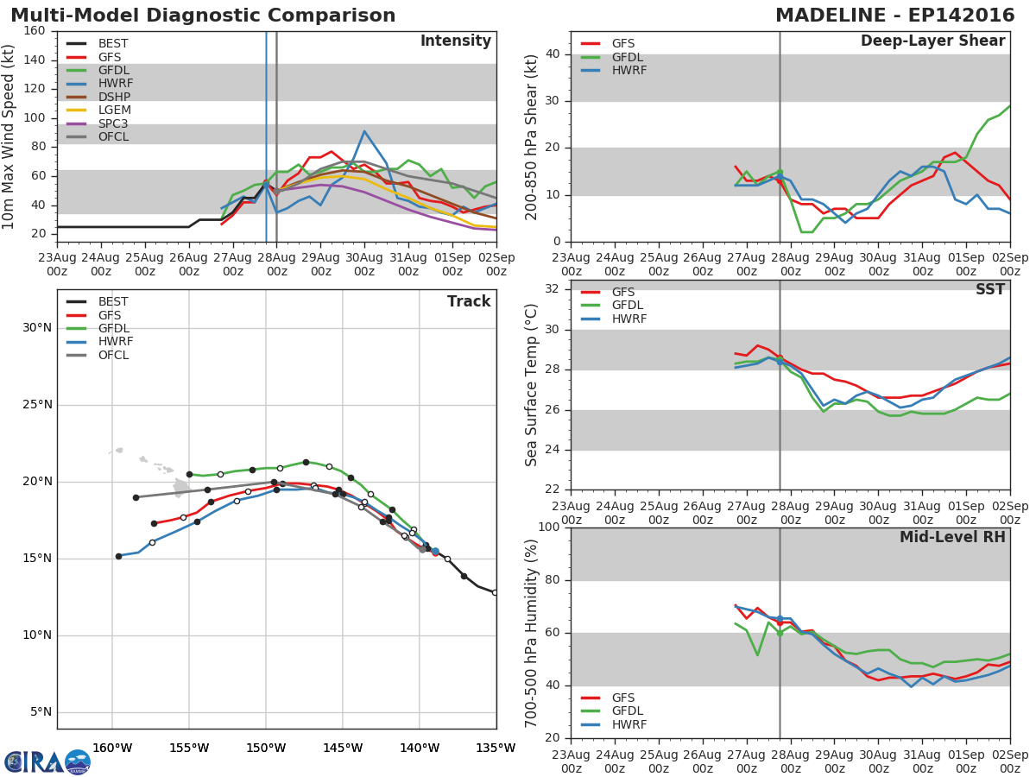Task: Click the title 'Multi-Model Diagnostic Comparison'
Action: click(203, 16)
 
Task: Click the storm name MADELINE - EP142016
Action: click(890, 16)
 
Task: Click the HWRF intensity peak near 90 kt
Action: click(364, 131)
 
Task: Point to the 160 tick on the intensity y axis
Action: click(35, 31)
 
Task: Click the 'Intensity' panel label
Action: click(455, 41)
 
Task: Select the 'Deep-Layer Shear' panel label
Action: click(932, 41)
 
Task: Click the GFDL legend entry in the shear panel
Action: click(628, 57)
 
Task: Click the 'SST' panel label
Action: click(989, 290)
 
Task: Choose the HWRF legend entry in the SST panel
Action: click(629, 319)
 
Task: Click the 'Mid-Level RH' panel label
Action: click(952, 537)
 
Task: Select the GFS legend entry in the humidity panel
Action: click(622, 698)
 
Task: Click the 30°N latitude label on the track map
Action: click(37, 327)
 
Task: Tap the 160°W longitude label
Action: click(112, 748)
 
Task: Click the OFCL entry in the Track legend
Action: click(113, 355)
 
